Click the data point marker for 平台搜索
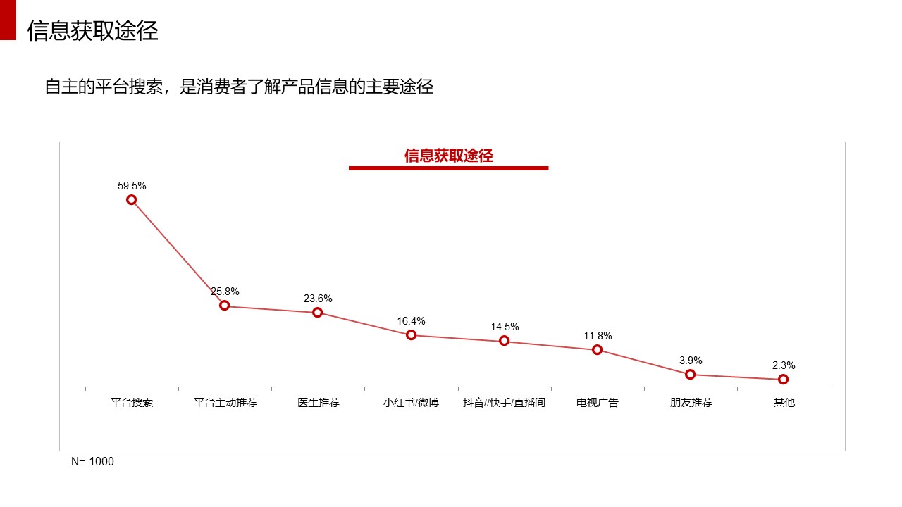pos(131,200)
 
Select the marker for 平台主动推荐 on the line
pos(224,306)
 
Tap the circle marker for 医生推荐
pos(318,313)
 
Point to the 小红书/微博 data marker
pos(411,335)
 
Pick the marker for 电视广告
pos(598,349)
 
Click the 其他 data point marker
pos(784,380)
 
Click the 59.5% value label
pos(132,186)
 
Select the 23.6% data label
pos(318,299)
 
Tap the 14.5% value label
pos(505,327)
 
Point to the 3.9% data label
pos(691,361)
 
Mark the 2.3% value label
pos(784,365)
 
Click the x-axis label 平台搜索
pos(132,403)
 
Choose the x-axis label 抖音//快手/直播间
pos(504,403)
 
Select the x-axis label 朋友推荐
pos(691,403)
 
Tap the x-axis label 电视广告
pos(598,403)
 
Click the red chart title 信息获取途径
pos(448,156)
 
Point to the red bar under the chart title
pos(448,168)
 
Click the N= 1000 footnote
pos(92,462)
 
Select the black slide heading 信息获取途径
pos(92,31)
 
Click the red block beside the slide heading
pos(8,20)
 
